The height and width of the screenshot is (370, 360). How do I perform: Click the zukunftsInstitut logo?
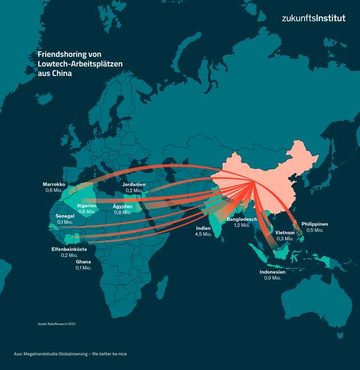click(313, 18)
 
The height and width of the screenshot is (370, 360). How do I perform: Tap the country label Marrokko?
click(54, 184)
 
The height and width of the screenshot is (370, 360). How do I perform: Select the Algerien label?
click(87, 205)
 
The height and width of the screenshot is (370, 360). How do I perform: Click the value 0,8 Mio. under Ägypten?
click(122, 212)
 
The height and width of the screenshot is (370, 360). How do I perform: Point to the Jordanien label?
click(134, 185)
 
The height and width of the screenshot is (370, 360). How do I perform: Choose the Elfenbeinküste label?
click(69, 249)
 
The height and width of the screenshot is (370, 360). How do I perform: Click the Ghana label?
click(83, 262)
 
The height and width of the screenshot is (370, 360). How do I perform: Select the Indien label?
click(203, 228)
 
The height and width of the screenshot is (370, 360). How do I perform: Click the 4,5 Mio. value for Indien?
click(203, 234)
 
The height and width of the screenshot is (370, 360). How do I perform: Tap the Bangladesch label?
click(242, 219)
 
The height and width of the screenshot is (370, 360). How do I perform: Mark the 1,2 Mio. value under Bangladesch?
click(242, 225)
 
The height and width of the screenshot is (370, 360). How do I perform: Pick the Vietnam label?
click(285, 232)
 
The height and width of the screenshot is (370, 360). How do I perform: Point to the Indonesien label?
click(272, 272)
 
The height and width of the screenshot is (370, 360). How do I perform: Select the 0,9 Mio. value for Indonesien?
click(272, 278)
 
